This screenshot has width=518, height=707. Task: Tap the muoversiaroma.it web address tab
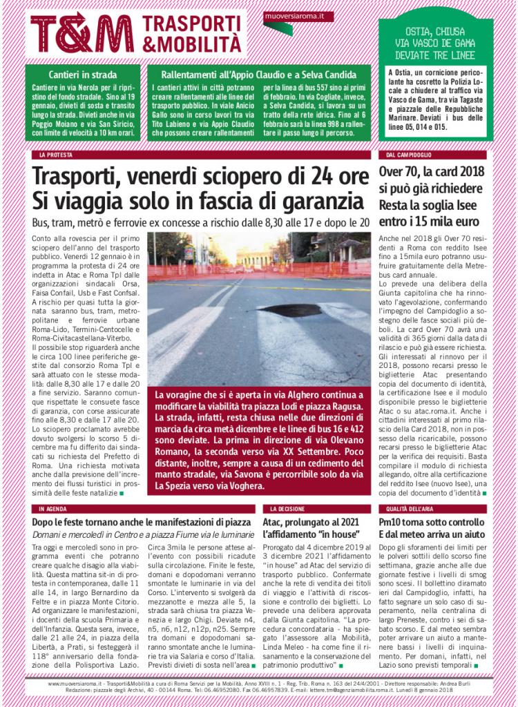298,15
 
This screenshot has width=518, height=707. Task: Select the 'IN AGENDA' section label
53,508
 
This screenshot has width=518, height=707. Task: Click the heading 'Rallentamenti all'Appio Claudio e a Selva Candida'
258,74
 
